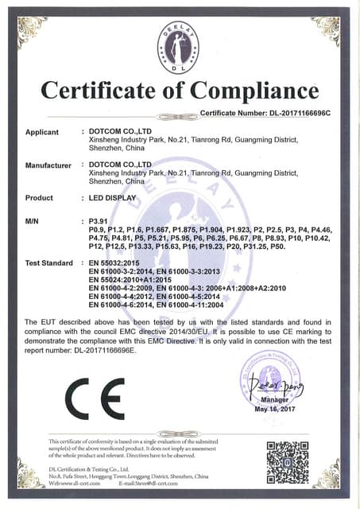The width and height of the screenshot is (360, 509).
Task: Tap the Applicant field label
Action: click(x=42, y=132)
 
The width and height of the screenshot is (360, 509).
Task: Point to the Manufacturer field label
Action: click(x=49, y=165)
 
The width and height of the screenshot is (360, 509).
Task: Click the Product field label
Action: click(x=39, y=197)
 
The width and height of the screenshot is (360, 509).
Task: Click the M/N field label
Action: click(x=33, y=219)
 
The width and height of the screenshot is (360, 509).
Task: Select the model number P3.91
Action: click(x=99, y=219)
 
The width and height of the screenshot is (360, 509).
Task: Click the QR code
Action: click(x=286, y=460)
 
